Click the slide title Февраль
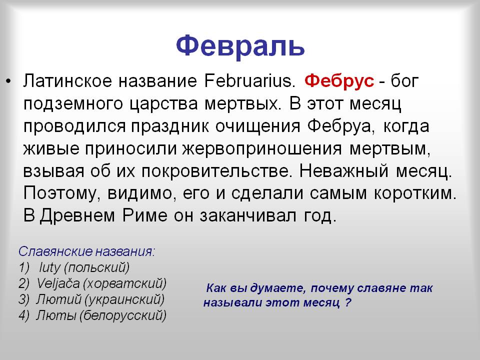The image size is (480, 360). click(x=240, y=46)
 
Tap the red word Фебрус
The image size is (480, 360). click(x=339, y=81)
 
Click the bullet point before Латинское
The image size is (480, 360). click(x=8, y=81)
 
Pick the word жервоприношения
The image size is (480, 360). click(x=262, y=149)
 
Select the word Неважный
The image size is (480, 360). click(x=343, y=171)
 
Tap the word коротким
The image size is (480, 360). click(x=415, y=193)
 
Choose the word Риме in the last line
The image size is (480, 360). click(x=145, y=216)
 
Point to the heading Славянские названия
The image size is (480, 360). click(x=87, y=251)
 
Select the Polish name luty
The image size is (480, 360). click(x=50, y=267)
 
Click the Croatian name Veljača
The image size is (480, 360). click(x=58, y=283)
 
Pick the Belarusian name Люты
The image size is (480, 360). click(x=56, y=315)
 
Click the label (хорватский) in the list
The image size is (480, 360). click(x=124, y=284)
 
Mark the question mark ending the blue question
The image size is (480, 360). click(x=347, y=303)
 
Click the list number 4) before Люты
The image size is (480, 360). click(x=24, y=315)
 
